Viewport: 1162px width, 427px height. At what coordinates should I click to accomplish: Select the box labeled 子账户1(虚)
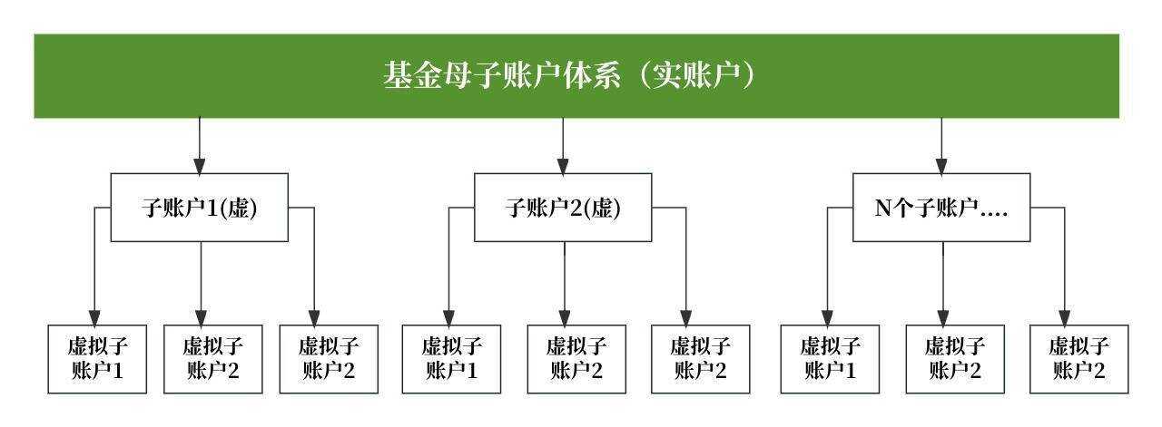click(x=200, y=208)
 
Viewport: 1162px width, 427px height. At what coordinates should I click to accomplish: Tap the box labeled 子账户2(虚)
click(x=563, y=208)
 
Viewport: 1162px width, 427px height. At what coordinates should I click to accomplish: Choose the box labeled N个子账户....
click(x=941, y=208)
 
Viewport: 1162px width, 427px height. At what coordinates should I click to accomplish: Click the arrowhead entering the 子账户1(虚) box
click(x=200, y=166)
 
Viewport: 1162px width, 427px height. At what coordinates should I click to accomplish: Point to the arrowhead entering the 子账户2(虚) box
click(x=563, y=166)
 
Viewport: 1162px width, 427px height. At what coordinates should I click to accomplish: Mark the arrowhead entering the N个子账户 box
click(x=941, y=166)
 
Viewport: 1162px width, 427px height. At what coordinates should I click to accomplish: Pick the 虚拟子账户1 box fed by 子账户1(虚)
click(x=97, y=359)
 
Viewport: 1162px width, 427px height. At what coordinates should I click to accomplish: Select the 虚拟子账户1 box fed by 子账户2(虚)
click(x=451, y=359)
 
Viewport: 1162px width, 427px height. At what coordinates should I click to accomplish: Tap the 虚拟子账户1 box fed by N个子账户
click(x=830, y=359)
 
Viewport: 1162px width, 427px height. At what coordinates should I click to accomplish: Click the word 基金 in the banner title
click(x=406, y=76)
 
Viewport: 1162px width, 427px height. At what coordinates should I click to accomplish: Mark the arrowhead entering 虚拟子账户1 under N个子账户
click(x=827, y=316)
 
